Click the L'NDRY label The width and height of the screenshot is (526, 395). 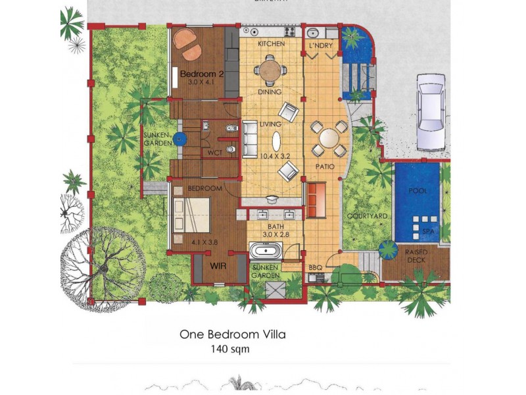[320, 45]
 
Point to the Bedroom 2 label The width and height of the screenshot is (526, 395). [203, 74]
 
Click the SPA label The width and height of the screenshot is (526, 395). [427, 231]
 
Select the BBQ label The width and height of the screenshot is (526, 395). [316, 268]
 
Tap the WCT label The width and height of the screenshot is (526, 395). [214, 153]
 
